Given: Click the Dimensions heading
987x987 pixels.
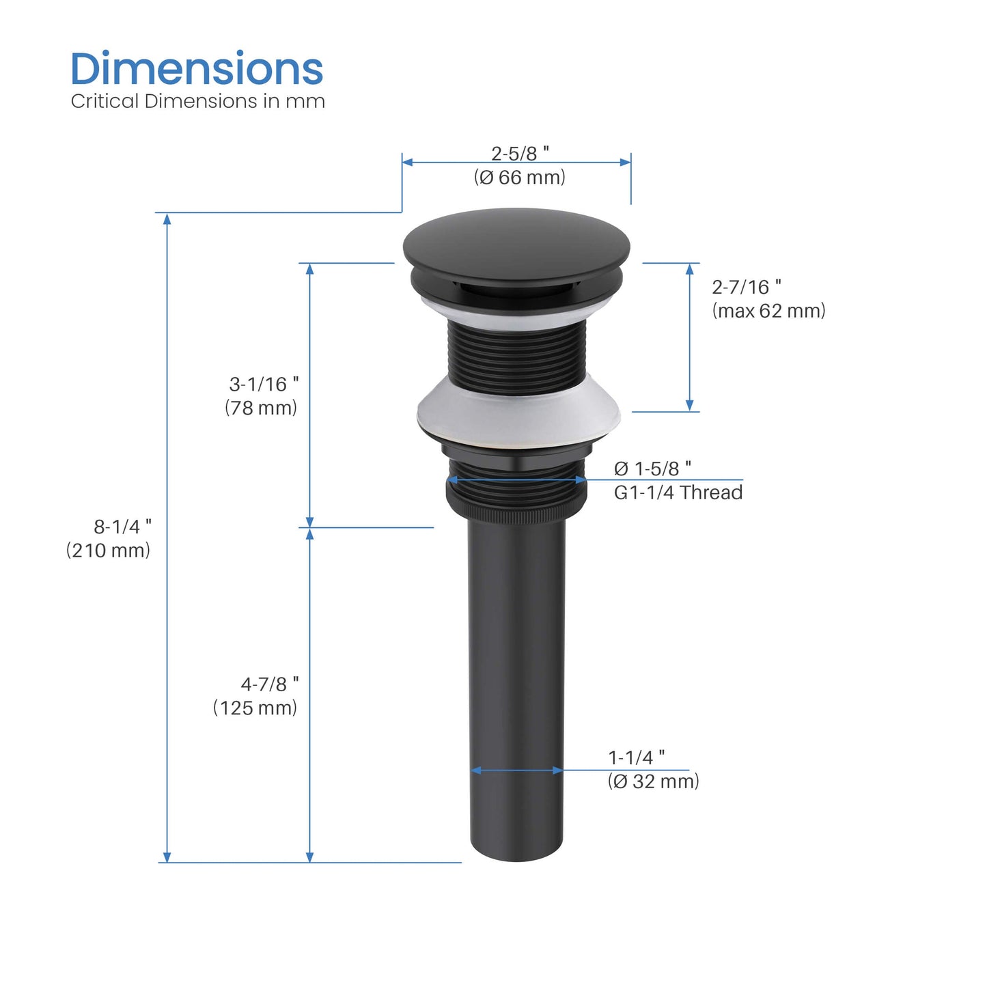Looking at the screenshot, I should point(197,69).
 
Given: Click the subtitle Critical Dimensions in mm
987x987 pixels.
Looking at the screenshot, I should point(197,101).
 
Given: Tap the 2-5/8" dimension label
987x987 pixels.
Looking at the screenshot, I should point(520,153).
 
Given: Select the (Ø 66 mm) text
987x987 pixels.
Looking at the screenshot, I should point(520,178).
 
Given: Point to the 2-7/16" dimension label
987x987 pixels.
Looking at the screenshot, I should point(747,287).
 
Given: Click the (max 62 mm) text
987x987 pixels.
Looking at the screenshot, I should point(768,311).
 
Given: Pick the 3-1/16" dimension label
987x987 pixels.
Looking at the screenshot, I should point(264,384).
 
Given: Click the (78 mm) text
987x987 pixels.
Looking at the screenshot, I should point(261,408).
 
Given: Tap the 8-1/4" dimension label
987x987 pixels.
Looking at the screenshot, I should point(122,527).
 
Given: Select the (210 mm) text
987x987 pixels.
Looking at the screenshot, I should point(108,551).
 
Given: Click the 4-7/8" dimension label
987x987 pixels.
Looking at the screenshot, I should point(269,684).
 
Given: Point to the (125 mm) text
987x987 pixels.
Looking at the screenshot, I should point(255,708).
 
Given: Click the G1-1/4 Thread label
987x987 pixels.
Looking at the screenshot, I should point(678,492).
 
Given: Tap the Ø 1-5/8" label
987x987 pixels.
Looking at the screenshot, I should point(652,469).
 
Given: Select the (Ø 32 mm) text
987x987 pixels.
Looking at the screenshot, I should point(653,781).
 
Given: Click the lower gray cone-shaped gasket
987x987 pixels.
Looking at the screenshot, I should point(518,413).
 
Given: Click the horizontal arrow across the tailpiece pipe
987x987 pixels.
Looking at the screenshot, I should point(517,770).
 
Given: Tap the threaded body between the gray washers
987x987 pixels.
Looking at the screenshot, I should point(516,355).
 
